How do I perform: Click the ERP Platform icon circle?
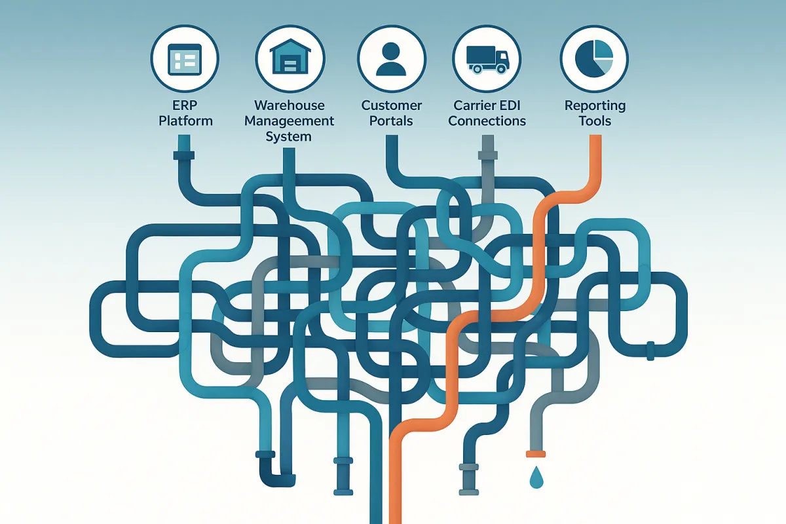coord(185,62)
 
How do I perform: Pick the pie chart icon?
coord(594,60)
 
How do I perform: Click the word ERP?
coord(185,106)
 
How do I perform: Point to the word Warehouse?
coord(289,105)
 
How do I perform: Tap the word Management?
coord(289,121)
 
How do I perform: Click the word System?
coord(289,136)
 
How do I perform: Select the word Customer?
coord(392,105)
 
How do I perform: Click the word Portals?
coord(392,121)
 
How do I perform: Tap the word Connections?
coord(487,121)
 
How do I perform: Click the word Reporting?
coord(595,105)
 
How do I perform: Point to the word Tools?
coord(595,121)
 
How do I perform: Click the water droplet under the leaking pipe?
coord(536,477)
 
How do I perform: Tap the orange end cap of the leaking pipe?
coord(536,453)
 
